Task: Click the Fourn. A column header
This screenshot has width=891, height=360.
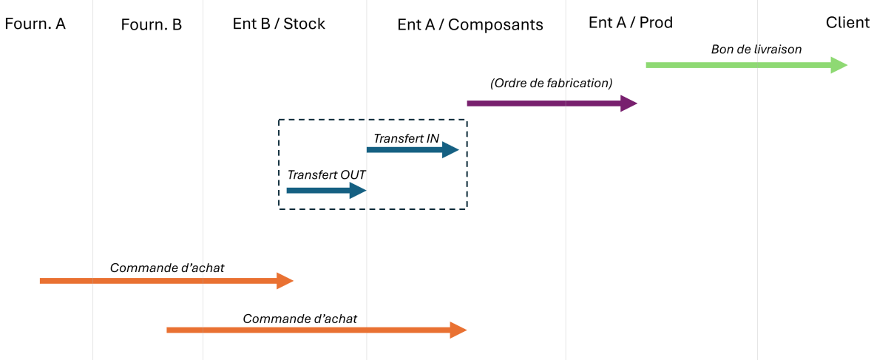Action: (x=35, y=24)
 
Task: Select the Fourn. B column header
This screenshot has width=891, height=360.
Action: (x=151, y=24)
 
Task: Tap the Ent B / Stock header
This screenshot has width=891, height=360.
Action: (x=279, y=24)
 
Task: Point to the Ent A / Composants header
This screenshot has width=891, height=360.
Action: (x=470, y=24)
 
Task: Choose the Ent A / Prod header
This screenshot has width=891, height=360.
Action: (x=630, y=23)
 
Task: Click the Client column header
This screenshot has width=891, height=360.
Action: (x=847, y=22)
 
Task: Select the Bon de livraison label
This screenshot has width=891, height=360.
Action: (x=756, y=50)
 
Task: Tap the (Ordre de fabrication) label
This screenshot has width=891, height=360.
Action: (x=551, y=84)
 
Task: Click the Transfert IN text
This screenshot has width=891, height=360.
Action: (x=406, y=138)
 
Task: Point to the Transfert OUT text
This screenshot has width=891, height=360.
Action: (x=326, y=175)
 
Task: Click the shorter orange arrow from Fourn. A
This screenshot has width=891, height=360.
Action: (x=163, y=281)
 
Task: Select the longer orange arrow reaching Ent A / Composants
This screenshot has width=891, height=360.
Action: (x=311, y=330)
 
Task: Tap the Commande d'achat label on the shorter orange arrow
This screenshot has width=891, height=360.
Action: (x=166, y=268)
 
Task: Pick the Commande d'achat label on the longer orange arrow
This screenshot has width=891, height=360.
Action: (x=299, y=319)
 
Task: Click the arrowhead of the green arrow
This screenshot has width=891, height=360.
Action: (x=839, y=65)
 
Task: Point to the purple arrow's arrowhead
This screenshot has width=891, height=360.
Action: (x=629, y=103)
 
